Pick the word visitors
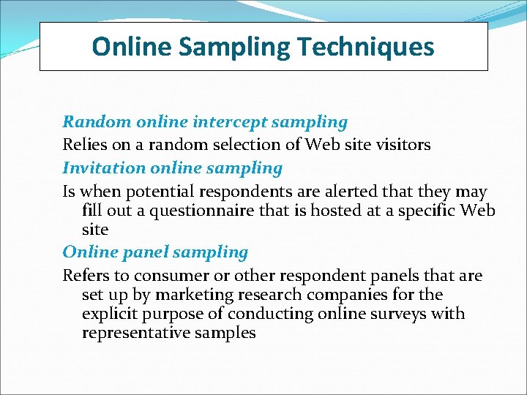(x=400, y=145)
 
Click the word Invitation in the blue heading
(x=104, y=168)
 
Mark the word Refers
(x=85, y=276)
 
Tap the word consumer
(x=150, y=276)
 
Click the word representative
(x=131, y=333)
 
